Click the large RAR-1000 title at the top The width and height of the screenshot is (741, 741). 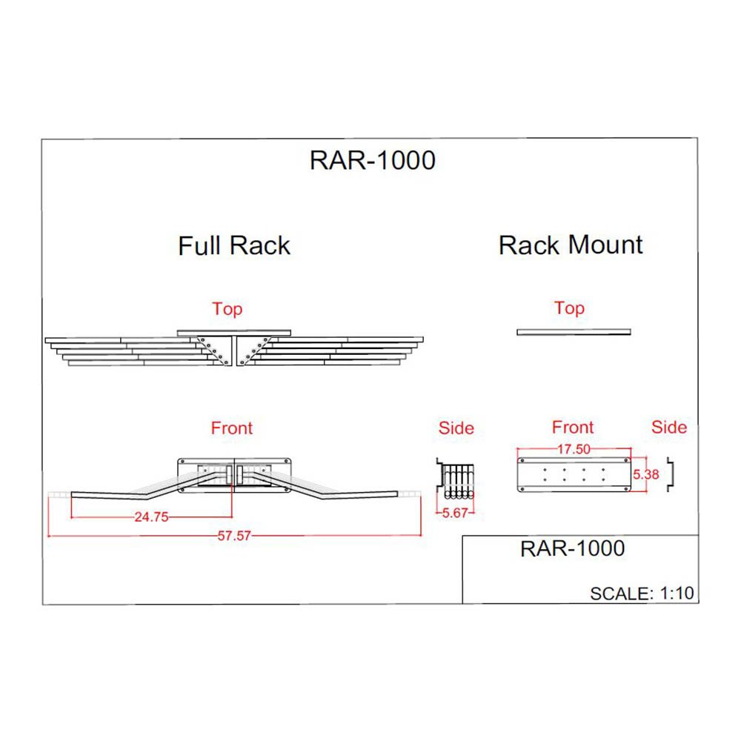click(373, 160)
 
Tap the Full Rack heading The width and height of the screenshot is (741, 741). click(234, 245)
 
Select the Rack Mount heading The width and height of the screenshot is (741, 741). click(571, 245)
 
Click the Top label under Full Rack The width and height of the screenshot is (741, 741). click(227, 309)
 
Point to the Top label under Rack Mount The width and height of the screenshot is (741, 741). click(569, 308)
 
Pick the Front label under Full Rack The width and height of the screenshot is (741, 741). click(232, 428)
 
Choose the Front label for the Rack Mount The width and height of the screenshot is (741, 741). click(573, 428)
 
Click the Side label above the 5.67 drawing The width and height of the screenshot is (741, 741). click(456, 428)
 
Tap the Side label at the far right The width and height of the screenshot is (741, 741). click(669, 428)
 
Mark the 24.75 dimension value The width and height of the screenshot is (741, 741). click(151, 518)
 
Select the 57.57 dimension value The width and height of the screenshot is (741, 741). click(234, 536)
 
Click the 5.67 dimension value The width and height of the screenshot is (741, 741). click(456, 513)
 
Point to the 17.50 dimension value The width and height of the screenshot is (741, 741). click(573, 449)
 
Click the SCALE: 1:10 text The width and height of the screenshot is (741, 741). click(642, 593)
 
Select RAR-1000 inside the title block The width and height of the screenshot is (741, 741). click(573, 548)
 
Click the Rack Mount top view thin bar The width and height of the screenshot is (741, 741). click(574, 331)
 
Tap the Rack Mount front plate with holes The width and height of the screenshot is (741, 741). click(572, 475)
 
